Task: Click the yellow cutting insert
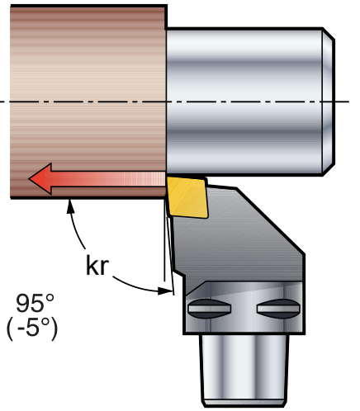pos(187,196)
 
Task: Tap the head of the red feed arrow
pos(40,178)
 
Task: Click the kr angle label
pos(97,266)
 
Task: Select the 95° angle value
pos(35,303)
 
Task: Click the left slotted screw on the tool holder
pos(210,309)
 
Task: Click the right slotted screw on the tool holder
pos(278,309)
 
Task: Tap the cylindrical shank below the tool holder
pos(244,371)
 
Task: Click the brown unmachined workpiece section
pos(88,102)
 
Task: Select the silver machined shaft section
pos(244,102)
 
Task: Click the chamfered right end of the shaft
pos(329,102)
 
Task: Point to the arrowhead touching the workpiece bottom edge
pos(71,205)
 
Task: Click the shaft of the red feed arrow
pos(108,179)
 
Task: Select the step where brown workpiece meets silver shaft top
pos(166,27)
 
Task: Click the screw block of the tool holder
pos(244,308)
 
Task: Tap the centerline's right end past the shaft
pos(349,102)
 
